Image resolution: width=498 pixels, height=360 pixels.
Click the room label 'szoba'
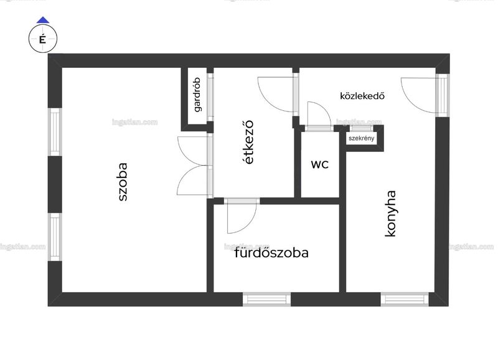point(123,182)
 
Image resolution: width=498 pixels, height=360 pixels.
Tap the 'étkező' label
point(248,142)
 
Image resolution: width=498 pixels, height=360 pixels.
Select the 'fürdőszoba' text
point(271,253)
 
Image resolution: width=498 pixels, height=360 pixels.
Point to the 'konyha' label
point(390,214)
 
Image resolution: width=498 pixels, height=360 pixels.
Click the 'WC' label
point(320,164)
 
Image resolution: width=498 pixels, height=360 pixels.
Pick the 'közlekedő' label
point(362,96)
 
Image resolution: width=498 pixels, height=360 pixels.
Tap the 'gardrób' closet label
point(197,95)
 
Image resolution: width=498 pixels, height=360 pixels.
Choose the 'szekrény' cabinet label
point(362,138)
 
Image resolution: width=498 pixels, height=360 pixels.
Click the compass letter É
point(42,40)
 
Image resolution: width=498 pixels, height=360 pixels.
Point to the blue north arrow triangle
point(43,21)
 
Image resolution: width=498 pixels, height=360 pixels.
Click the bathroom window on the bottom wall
point(267,300)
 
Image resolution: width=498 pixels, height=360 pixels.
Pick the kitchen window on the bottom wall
point(404,300)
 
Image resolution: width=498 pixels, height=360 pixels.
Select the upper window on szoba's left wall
point(55,132)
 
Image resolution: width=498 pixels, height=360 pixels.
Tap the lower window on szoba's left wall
point(55,237)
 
